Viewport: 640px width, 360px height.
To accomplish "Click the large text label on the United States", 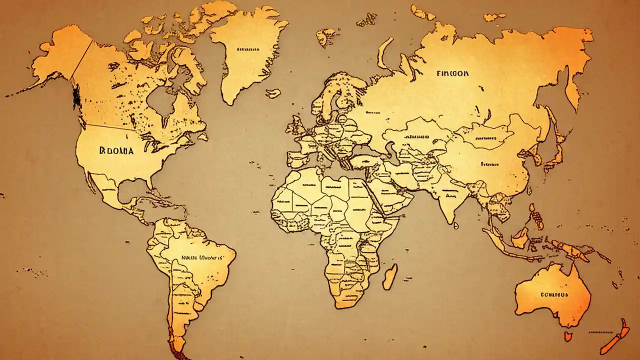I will pyautogui.click(x=116, y=150).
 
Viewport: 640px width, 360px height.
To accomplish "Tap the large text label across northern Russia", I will pyautogui.click(x=452, y=73).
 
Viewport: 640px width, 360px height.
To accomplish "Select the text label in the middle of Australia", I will pyautogui.click(x=554, y=294).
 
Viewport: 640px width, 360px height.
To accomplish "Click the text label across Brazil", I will pyautogui.click(x=201, y=258).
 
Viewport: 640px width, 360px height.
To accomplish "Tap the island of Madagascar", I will pyautogui.click(x=390, y=276).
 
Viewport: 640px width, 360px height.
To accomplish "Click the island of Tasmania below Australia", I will pyautogui.click(x=568, y=336).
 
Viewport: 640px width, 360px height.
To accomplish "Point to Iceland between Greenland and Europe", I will pyautogui.click(x=273, y=93).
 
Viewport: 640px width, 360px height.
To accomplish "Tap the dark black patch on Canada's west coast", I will pyautogui.click(x=76, y=96).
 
